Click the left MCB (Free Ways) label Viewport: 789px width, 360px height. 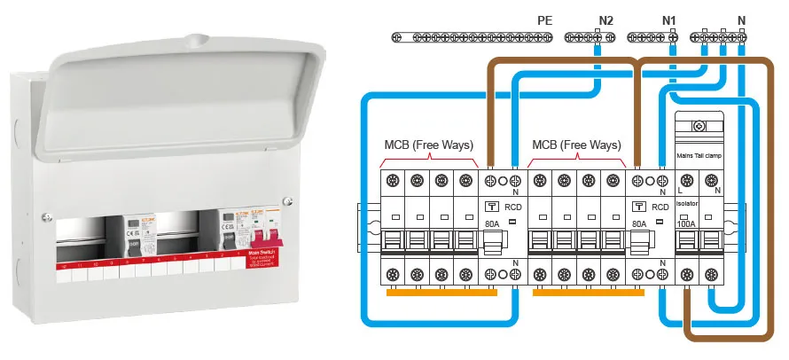pyautogui.click(x=428, y=145)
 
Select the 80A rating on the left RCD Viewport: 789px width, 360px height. pyautogui.click(x=492, y=223)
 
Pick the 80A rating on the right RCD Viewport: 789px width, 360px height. pyautogui.click(x=639, y=223)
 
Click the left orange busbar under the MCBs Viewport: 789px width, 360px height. pyautogui.click(x=434, y=292)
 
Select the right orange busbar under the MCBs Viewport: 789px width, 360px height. pyautogui.click(x=582, y=292)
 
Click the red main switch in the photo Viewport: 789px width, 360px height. pyautogui.click(x=269, y=240)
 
